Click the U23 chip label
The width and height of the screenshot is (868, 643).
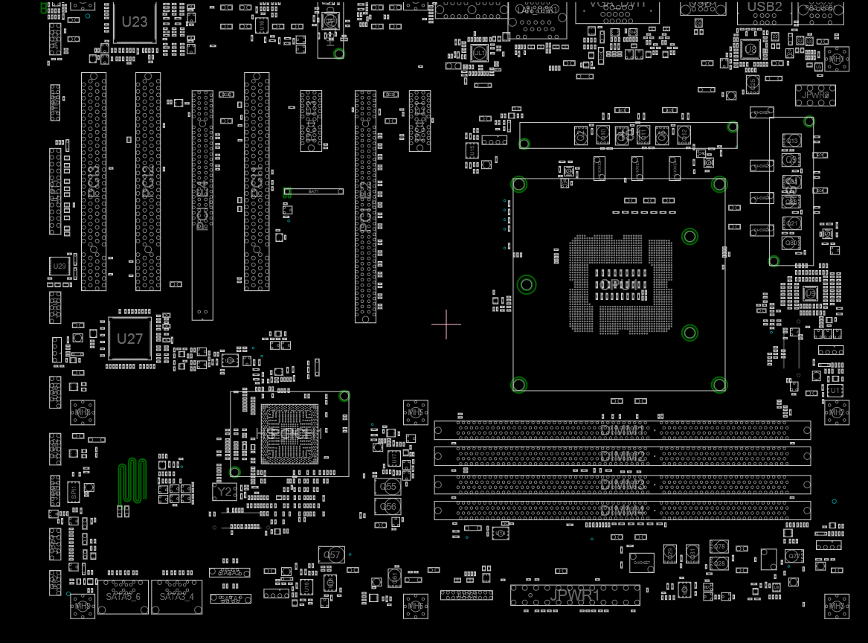point(135,22)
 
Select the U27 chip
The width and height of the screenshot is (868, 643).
point(129,339)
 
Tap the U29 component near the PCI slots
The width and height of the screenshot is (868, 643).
point(60,266)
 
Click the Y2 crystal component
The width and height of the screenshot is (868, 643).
point(225,491)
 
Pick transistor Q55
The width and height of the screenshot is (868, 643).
point(388,487)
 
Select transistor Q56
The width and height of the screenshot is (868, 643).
point(388,507)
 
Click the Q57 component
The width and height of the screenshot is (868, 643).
point(332,554)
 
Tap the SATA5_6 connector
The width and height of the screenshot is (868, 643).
point(123,597)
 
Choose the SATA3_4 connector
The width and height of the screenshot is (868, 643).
point(176,597)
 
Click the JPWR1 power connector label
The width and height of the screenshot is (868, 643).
point(574,595)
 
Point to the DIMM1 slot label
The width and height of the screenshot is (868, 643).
point(623,429)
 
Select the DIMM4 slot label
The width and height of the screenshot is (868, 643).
point(623,511)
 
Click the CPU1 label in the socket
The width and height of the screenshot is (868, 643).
point(619,285)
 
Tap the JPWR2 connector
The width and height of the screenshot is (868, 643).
point(815,95)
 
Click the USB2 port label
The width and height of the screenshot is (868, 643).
point(765,7)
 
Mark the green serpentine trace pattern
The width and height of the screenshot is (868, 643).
point(132,480)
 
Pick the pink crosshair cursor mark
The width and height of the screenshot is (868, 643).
point(446,324)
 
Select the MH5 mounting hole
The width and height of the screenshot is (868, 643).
point(416,412)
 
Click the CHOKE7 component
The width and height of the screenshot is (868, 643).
point(641,563)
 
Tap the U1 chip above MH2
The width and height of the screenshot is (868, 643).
point(835,390)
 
